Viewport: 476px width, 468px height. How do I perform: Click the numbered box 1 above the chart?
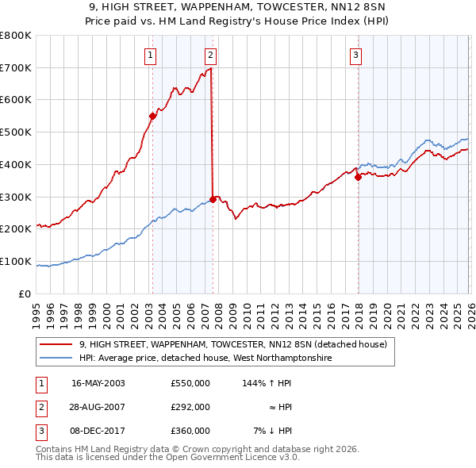[x=150, y=55]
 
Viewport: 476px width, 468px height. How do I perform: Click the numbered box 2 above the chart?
[x=210, y=55]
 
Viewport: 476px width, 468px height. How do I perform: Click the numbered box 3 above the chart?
[x=355, y=55]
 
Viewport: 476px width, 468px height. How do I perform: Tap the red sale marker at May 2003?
[x=153, y=116]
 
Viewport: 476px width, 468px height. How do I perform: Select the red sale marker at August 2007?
[x=213, y=199]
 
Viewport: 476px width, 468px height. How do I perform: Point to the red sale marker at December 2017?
[x=358, y=177]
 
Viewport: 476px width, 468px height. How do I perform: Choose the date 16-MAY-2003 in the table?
[x=98, y=382]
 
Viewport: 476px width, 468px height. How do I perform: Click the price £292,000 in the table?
[x=190, y=407]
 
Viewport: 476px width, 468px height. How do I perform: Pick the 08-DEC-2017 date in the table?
[x=98, y=431]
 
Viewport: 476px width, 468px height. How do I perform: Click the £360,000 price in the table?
[x=190, y=431]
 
